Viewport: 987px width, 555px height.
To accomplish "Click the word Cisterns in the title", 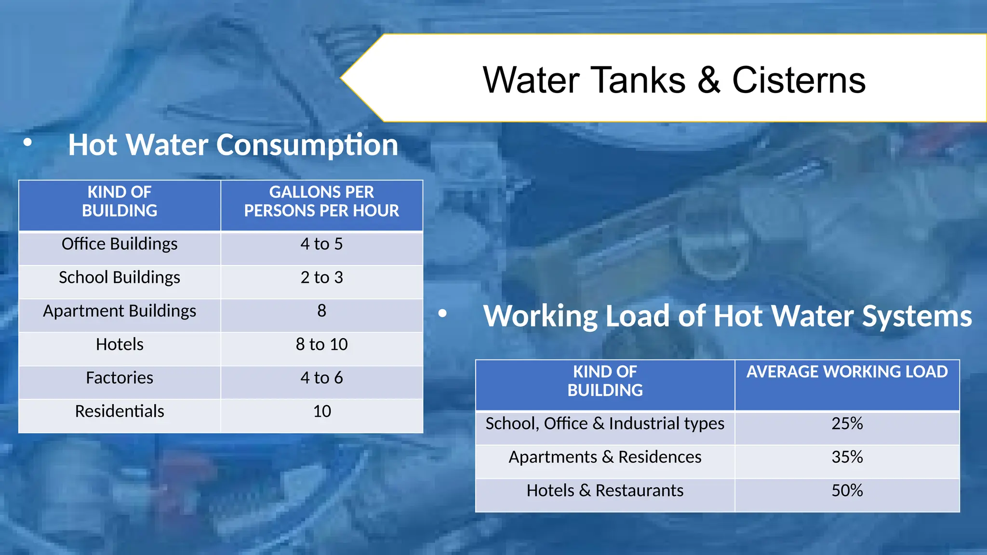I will pyautogui.click(x=799, y=80).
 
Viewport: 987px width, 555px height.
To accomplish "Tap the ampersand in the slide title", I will pyautogui.click(x=708, y=80).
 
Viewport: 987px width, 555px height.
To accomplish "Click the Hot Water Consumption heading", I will pyautogui.click(x=233, y=145).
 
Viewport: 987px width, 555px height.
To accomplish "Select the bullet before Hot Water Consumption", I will pyautogui.click(x=27, y=143).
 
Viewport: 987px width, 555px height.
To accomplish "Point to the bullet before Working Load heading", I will pyautogui.click(x=442, y=314).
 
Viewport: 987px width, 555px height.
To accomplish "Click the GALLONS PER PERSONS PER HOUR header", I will pyautogui.click(x=321, y=201).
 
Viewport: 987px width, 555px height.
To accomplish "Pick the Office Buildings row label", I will pyautogui.click(x=120, y=244).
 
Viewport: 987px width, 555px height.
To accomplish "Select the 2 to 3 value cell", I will pyautogui.click(x=321, y=277).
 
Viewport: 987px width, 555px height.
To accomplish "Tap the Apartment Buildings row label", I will pyautogui.click(x=120, y=311).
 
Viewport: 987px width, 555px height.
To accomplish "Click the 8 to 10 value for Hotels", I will pyautogui.click(x=321, y=344).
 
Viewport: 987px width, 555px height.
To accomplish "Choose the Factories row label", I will pyautogui.click(x=120, y=378).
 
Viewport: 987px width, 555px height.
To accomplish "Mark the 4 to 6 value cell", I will pyautogui.click(x=321, y=378).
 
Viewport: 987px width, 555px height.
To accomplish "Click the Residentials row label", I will pyautogui.click(x=120, y=411).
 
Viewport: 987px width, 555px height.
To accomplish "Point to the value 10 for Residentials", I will pyautogui.click(x=321, y=411).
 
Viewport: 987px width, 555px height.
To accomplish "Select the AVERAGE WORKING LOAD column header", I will pyautogui.click(x=847, y=372).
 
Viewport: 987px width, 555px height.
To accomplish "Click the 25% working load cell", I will pyautogui.click(x=847, y=423).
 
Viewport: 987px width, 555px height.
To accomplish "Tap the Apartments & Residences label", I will pyautogui.click(x=605, y=457).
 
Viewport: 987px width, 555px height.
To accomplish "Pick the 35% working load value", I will pyautogui.click(x=847, y=457).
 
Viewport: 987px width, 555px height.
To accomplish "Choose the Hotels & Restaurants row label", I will pyautogui.click(x=605, y=490).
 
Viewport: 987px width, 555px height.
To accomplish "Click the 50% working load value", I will pyautogui.click(x=847, y=490).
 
